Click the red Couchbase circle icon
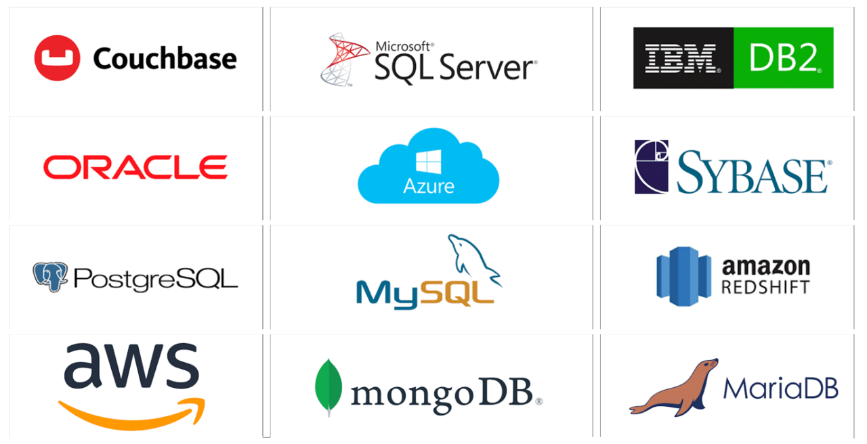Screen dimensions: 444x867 click(57, 58)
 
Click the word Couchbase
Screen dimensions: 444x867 click(165, 59)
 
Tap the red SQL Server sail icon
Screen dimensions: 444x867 click(345, 61)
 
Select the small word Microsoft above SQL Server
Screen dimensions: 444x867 click(404, 46)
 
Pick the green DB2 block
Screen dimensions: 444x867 click(784, 58)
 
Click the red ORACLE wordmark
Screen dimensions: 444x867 click(135, 167)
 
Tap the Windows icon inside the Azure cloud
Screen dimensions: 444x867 click(428, 162)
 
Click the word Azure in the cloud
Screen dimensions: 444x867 click(428, 186)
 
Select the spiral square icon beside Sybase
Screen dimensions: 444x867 click(651, 167)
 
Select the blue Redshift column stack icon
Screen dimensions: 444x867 click(683, 277)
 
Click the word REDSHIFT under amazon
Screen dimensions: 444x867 click(765, 287)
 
